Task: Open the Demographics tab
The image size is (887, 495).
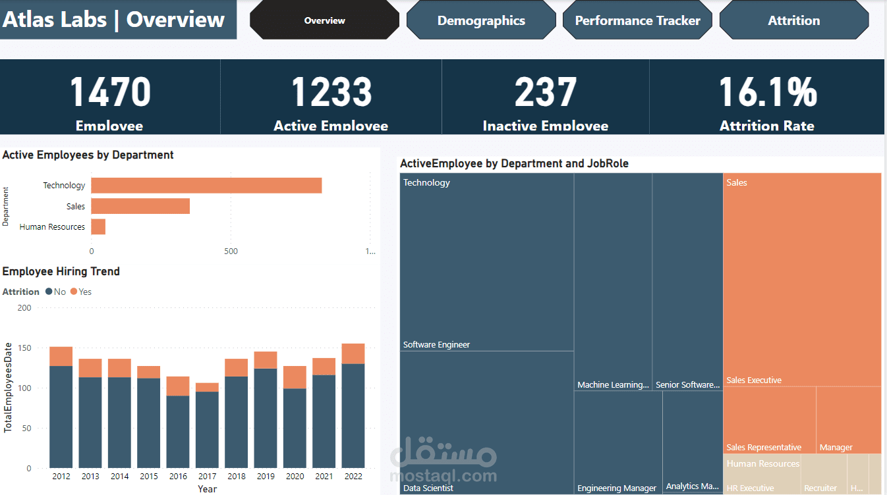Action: coord(481,20)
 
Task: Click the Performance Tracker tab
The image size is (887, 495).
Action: coord(637,20)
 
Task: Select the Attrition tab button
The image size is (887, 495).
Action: coord(793,20)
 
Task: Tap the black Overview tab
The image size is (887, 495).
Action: coord(324,20)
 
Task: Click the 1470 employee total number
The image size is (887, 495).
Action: coord(110,92)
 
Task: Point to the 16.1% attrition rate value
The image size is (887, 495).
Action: coord(767,92)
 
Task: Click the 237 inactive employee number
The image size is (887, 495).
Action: coord(545,92)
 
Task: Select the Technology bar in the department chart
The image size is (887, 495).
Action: coord(206,186)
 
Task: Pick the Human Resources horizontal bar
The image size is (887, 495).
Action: coord(98,226)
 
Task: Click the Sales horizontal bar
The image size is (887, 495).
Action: coord(140,206)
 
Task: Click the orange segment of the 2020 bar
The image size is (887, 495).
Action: coord(295,377)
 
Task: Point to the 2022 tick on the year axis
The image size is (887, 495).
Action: coord(353,477)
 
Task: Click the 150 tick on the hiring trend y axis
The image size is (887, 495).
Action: coord(24,348)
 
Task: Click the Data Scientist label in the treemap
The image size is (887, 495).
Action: coord(428,488)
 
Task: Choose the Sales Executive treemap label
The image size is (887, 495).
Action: coord(754,380)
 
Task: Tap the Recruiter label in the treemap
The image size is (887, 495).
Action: coord(820,488)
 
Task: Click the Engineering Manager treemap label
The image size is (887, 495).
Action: coord(617,488)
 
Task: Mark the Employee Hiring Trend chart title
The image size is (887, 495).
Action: coord(61,271)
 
